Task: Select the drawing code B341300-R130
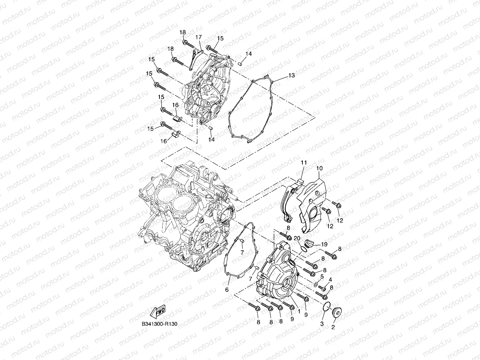[x=159, y=324]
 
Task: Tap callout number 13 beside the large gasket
[x=291, y=75]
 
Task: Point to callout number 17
[x=198, y=37]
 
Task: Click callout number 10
[x=319, y=168]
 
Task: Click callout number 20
[x=297, y=238]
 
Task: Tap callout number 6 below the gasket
[x=227, y=290]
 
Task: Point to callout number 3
[x=322, y=324]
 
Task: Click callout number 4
[x=330, y=280]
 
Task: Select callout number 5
[x=321, y=276]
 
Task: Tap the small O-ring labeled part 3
[x=326, y=307]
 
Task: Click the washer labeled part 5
[x=315, y=285]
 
